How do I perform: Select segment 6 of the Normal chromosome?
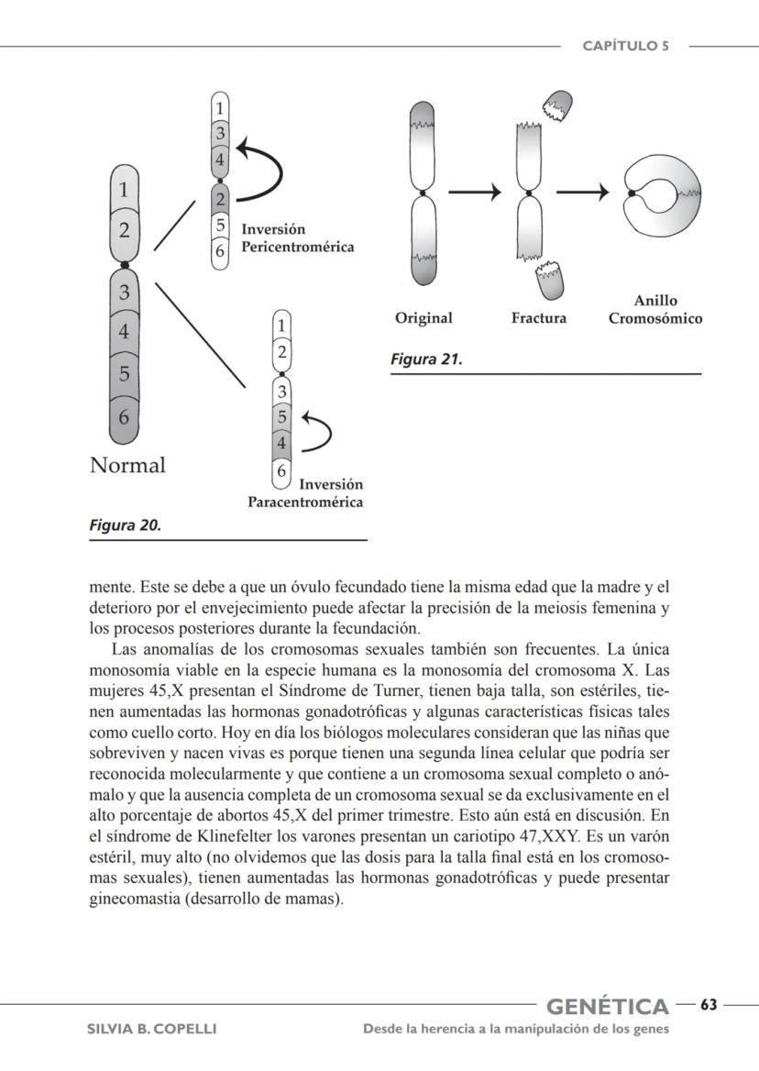(125, 415)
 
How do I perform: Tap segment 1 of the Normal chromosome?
(125, 191)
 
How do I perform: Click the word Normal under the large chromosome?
(127, 465)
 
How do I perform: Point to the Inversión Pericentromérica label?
(297, 238)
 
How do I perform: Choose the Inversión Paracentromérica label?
(306, 493)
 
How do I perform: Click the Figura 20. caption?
(126, 525)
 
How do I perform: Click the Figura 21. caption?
(426, 359)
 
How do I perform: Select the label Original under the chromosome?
(423, 318)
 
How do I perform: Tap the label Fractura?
(539, 318)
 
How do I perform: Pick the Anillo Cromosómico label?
(655, 310)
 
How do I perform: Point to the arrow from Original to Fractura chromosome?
(476, 193)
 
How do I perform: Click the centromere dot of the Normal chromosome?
(125, 264)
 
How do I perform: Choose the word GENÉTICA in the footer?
(608, 1007)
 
